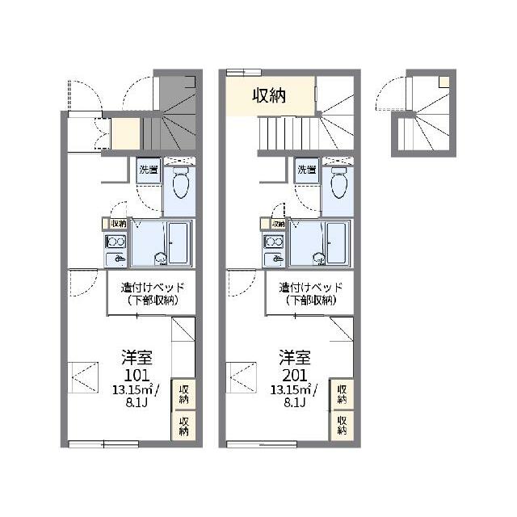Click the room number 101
[x=137, y=375]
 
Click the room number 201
[x=294, y=375]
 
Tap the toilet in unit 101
[x=180, y=183]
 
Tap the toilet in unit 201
[x=338, y=183]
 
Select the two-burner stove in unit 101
[x=116, y=242]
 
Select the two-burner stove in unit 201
[x=274, y=242]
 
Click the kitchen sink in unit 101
[x=116, y=259]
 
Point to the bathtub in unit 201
[x=336, y=243]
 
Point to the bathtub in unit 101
[x=179, y=243]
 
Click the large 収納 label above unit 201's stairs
[x=269, y=96]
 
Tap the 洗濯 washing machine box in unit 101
[x=149, y=170]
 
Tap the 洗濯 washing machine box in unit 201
[x=307, y=170]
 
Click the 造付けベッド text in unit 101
[x=153, y=288]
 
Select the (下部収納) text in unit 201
[x=311, y=301]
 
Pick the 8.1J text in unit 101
[x=137, y=403]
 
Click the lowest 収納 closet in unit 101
[x=183, y=426]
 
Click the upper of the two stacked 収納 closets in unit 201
[x=342, y=394]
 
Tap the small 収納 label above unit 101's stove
[x=119, y=224]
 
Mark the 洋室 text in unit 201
[x=294, y=358]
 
